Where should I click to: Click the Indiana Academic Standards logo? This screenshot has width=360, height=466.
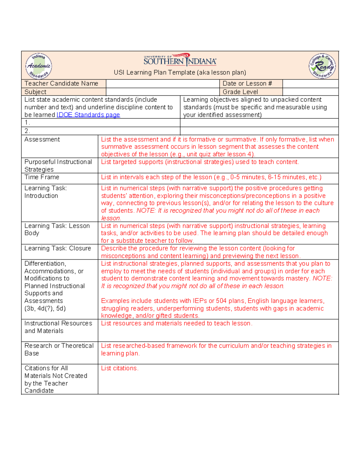click(x=39, y=66)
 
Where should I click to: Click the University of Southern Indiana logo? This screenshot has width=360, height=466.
click(x=180, y=60)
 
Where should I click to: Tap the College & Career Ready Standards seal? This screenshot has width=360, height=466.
click(x=322, y=66)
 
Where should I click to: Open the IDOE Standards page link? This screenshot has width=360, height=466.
click(x=88, y=115)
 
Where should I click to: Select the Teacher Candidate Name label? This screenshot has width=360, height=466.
click(x=61, y=83)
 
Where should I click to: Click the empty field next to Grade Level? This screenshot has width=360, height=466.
click(x=310, y=92)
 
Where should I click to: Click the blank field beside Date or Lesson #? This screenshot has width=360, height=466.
click(x=310, y=83)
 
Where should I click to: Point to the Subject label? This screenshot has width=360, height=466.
click(x=35, y=92)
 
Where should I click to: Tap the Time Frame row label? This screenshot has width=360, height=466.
click(x=42, y=177)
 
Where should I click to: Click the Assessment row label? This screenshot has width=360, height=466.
click(x=42, y=139)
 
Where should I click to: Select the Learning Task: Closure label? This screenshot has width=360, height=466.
click(x=58, y=248)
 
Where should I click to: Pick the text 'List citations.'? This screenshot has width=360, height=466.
click(x=120, y=368)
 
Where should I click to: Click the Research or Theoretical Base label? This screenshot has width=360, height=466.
click(x=59, y=349)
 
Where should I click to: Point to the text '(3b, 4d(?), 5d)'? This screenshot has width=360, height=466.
click(x=45, y=308)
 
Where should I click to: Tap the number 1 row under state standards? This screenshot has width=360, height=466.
click(x=100, y=122)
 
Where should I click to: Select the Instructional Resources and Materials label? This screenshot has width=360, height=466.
click(x=58, y=327)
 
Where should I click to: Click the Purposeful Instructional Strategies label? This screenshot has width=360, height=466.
click(x=58, y=165)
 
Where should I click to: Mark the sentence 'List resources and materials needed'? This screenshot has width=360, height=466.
click(x=176, y=323)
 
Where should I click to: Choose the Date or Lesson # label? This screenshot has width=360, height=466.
click(x=247, y=83)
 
